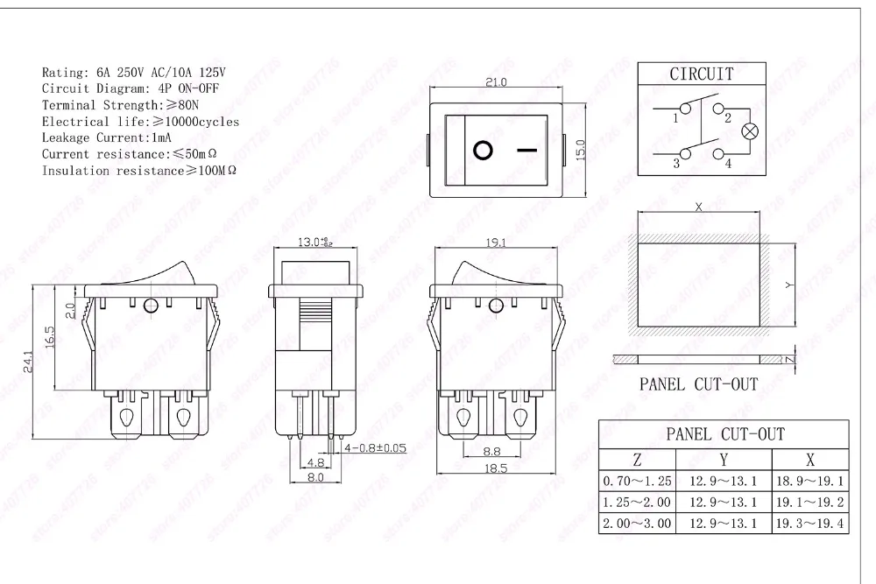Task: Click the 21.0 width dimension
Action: tap(496, 82)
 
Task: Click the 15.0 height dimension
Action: tap(580, 151)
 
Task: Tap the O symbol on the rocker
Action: tap(483, 151)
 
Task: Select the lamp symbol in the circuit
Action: tap(750, 131)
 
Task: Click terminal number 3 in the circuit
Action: tap(676, 163)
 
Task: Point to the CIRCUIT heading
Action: tap(702, 74)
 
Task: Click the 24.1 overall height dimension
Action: tap(29, 362)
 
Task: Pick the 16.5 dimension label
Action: tap(49, 337)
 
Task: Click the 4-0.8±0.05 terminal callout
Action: tap(375, 447)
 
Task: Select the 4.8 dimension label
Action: tap(315, 462)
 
